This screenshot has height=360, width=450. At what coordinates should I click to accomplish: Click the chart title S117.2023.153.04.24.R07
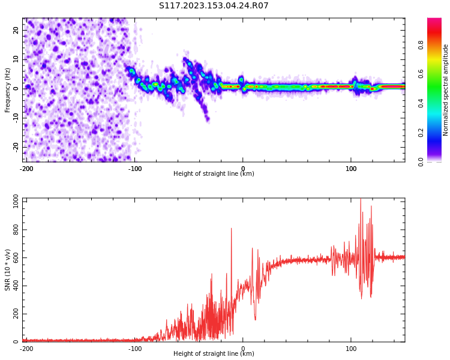coord(214,6)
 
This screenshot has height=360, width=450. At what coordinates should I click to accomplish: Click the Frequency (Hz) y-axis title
coord(8,90)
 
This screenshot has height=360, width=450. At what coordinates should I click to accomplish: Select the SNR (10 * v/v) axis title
coord(8,270)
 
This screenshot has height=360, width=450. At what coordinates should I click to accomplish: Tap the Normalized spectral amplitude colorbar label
coord(446,90)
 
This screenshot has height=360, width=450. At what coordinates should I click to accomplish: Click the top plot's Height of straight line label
coord(214,174)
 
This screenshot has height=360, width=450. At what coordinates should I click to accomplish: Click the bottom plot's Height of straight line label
coord(214,354)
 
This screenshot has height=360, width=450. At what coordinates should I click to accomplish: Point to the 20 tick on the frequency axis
coord(16,30)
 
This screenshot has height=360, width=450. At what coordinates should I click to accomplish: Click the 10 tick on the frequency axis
coord(16,59)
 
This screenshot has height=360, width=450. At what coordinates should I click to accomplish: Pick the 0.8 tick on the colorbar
coord(421,44)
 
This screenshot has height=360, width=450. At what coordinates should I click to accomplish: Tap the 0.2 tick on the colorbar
coord(421,132)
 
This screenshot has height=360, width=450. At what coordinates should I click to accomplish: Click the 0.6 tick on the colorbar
coord(421,73)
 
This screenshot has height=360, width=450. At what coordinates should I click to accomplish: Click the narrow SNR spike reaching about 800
coord(231,229)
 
